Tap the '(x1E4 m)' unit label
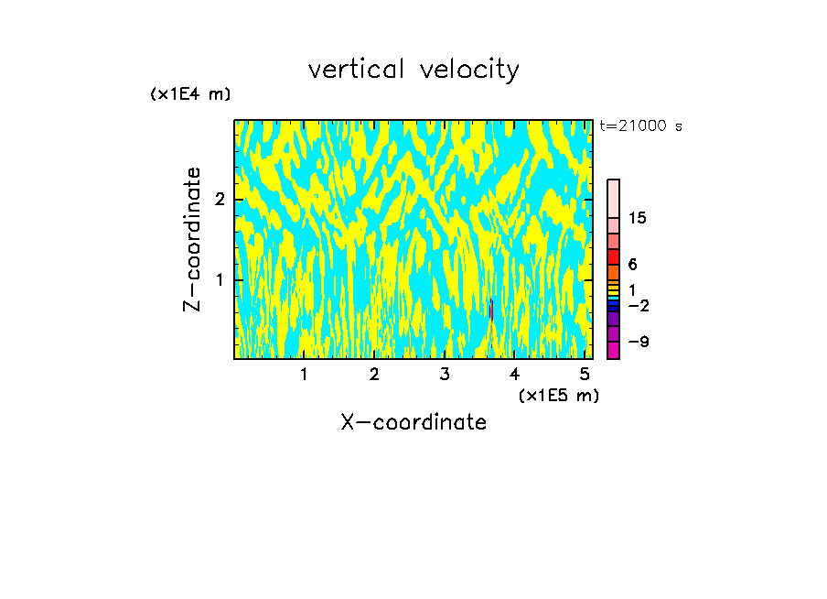pos(190,94)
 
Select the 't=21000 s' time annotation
pos(640,126)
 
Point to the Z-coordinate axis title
pos(192,239)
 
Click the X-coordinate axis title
pos(413,422)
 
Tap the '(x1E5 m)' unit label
pos(558,395)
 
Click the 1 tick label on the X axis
pos(304,374)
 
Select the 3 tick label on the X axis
pos(445,374)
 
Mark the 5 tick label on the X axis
pos(585,374)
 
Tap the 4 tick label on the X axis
pos(514,374)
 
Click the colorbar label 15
pos(638,218)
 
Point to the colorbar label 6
pos(632,265)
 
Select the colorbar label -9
pos(638,342)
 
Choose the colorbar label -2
pos(638,306)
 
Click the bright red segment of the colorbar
pos(613,256)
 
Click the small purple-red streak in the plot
pos(491,310)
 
